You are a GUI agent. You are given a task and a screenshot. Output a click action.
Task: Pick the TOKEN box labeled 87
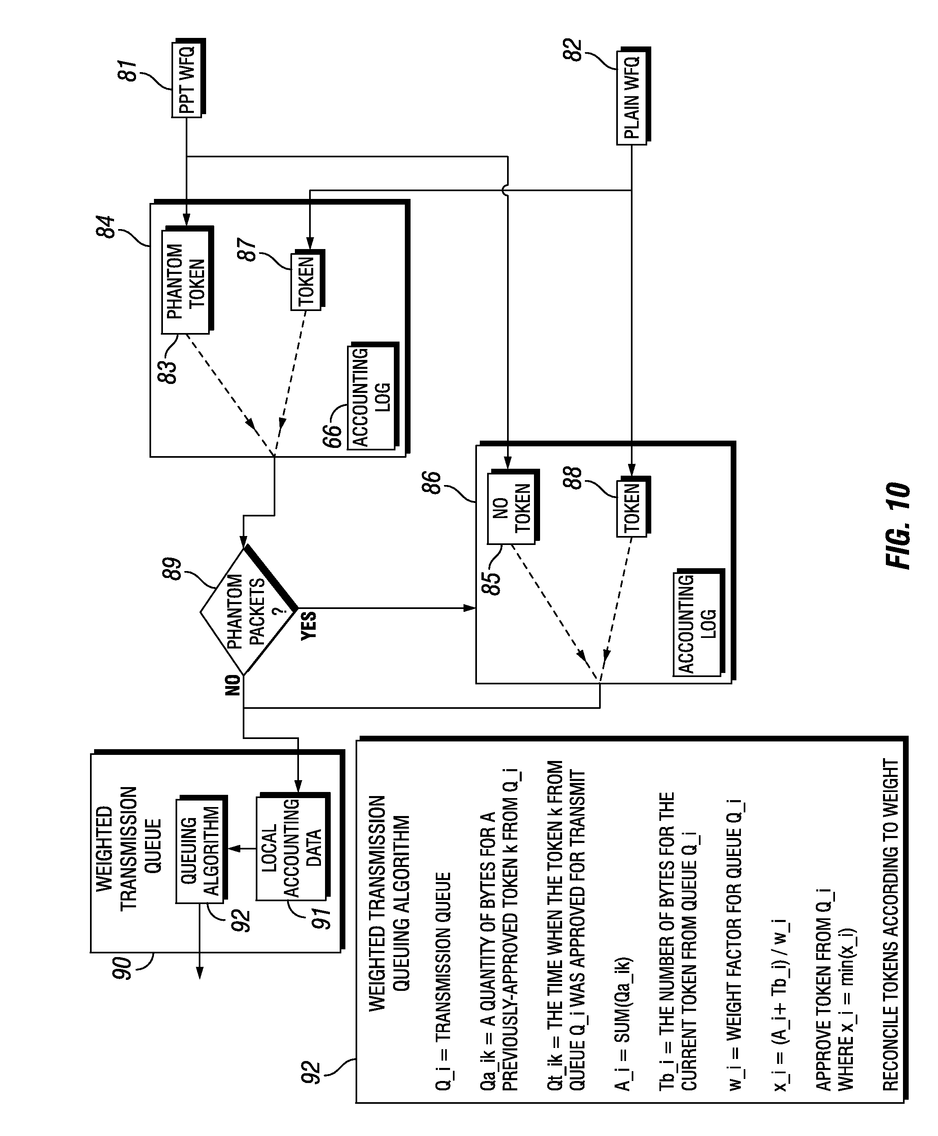pyautogui.click(x=308, y=280)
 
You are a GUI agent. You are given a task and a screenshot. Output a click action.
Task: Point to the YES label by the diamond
pyautogui.click(x=308, y=626)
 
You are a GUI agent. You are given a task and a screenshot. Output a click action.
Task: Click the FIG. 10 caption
pyautogui.click(x=898, y=525)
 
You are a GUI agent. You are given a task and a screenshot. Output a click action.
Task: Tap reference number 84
pyautogui.click(x=106, y=227)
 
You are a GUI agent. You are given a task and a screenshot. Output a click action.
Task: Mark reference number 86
pyautogui.click(x=431, y=483)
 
